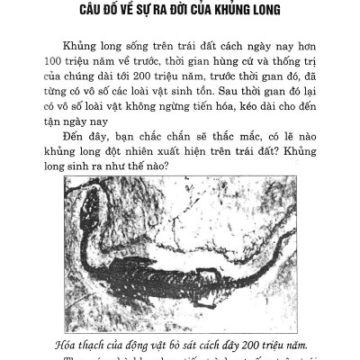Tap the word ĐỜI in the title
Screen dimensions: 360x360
(x=196, y=12)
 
